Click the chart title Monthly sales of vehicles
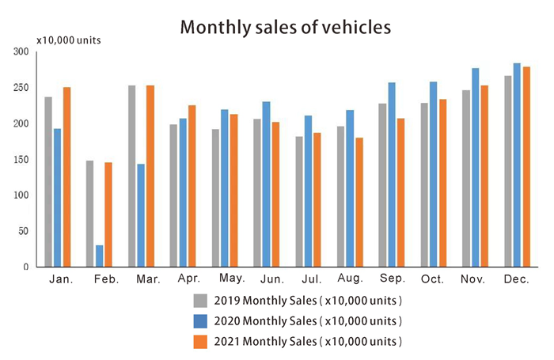coord(286,28)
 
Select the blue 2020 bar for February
coord(100,256)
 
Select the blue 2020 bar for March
coord(141,216)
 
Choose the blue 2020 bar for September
coord(392,175)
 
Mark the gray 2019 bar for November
coord(465,179)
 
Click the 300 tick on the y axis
coord(21,52)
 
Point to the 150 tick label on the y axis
coord(21,160)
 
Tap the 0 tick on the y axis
coord(26,267)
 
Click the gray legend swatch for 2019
coord(201,301)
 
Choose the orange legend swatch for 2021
coord(201,342)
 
